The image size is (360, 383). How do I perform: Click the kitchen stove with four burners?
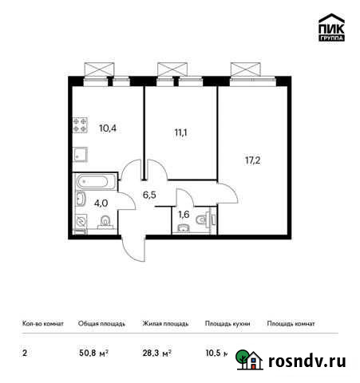point(80,124)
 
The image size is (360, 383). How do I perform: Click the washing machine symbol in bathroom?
point(81,221)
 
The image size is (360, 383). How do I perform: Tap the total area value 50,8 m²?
point(91,350)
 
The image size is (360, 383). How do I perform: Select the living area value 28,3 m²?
point(156,350)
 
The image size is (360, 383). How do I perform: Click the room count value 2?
point(24,350)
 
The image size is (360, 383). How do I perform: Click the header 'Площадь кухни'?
point(227,324)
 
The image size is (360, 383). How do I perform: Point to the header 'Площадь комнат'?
point(291,324)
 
